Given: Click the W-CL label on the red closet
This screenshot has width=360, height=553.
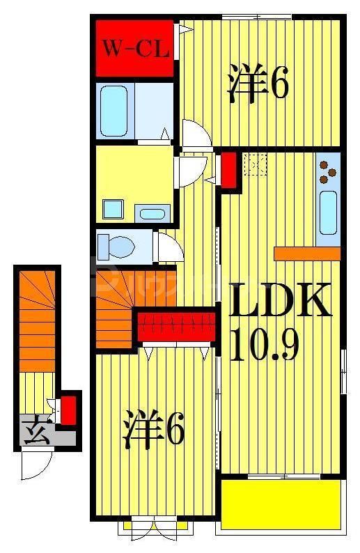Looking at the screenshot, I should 134,49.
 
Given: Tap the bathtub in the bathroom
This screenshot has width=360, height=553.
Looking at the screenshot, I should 114,111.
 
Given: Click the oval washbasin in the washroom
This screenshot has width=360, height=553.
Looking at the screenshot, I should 152,213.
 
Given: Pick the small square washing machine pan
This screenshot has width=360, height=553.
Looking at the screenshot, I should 111,209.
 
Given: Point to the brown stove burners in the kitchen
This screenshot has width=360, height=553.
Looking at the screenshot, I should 327,169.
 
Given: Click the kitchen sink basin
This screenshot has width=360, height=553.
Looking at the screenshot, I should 328,212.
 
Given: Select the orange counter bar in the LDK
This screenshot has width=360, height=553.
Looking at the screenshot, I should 307,254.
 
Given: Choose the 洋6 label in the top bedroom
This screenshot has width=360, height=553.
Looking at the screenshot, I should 257,86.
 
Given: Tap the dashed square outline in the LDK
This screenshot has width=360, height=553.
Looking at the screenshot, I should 256,164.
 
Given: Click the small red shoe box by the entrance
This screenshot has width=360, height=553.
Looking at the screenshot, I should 68,410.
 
